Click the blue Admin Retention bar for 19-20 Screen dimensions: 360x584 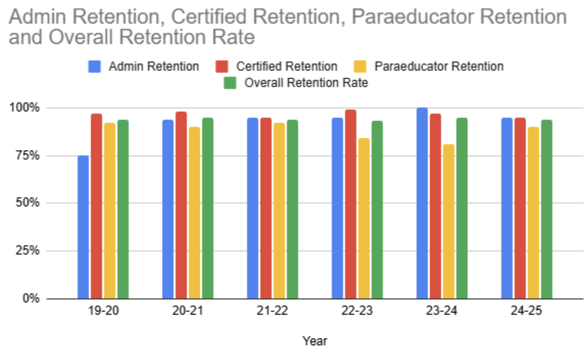[x=83, y=227]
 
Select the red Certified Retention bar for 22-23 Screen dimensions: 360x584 [x=351, y=204]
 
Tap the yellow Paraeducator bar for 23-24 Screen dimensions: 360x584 [x=449, y=222]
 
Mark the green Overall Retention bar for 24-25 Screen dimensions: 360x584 [x=547, y=209]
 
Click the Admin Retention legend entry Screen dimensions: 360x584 [x=153, y=66]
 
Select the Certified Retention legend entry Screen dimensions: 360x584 [x=286, y=66]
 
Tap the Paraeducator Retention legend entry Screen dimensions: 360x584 [x=439, y=66]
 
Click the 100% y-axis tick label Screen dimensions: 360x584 [x=25, y=108]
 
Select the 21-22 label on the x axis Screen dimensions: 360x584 [x=272, y=311]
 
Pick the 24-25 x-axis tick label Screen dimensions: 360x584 [x=526, y=311]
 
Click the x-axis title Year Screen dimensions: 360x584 [x=314, y=341]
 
